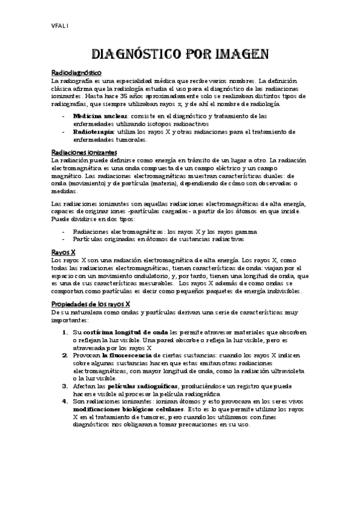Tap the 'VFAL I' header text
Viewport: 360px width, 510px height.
click(59, 25)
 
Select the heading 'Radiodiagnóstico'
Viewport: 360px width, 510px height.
click(76, 73)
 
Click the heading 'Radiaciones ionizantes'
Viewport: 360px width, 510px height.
click(84, 153)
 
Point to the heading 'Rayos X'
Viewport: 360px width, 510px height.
click(63, 252)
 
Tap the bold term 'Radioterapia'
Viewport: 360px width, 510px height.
click(90, 131)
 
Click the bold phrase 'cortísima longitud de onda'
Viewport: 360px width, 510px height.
click(126, 333)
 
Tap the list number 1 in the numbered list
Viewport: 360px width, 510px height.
click(64, 333)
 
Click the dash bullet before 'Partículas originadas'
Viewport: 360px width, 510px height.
click(64, 239)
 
